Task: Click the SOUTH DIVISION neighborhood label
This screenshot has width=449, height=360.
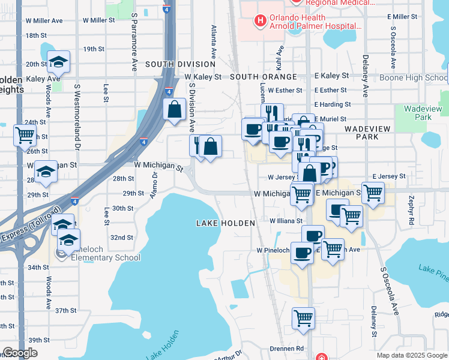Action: (x=180, y=64)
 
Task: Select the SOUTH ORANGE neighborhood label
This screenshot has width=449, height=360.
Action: (x=264, y=77)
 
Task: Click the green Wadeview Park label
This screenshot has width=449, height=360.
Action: (x=423, y=113)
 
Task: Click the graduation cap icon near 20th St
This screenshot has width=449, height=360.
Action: (x=58, y=62)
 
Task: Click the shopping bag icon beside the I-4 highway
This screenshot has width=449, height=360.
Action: (x=174, y=110)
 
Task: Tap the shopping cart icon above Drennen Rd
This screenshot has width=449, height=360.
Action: (x=303, y=317)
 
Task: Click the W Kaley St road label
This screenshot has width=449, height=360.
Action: (x=203, y=77)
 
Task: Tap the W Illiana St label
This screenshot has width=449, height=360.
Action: (x=286, y=221)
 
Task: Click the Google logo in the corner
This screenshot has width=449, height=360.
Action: (x=20, y=353)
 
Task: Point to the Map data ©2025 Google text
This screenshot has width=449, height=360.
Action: (x=412, y=355)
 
